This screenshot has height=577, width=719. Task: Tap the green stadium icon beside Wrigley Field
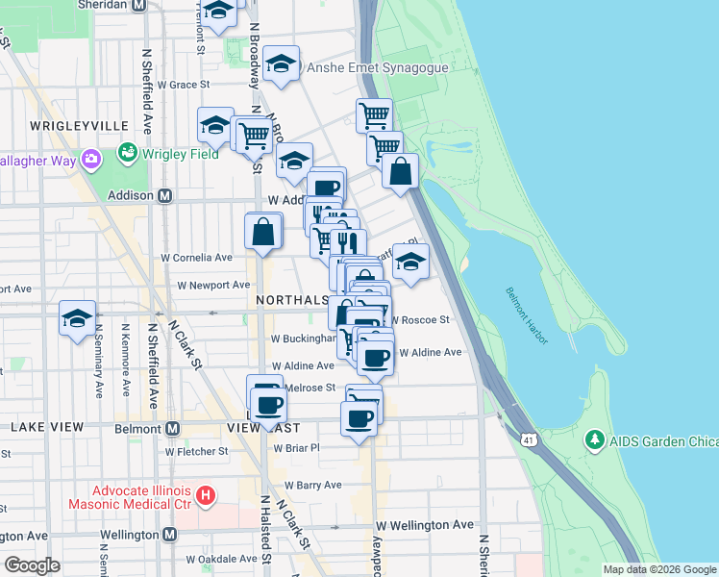click(127, 152)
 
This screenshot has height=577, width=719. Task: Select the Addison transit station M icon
click(164, 195)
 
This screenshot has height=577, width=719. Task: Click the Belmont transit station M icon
click(173, 428)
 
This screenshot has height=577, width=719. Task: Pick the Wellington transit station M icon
click(169, 534)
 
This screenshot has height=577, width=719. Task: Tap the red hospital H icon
click(205, 496)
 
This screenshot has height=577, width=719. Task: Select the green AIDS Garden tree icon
click(594, 440)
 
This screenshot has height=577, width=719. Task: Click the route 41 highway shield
click(530, 440)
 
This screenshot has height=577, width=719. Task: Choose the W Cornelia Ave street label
click(196, 258)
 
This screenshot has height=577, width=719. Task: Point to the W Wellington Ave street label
click(425, 525)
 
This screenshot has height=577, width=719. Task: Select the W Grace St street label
click(184, 85)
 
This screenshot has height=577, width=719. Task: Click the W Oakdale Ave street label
click(222, 559)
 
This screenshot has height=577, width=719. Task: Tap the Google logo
click(33, 564)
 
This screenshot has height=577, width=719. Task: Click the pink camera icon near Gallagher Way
click(91, 159)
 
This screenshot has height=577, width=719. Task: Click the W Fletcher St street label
click(197, 450)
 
